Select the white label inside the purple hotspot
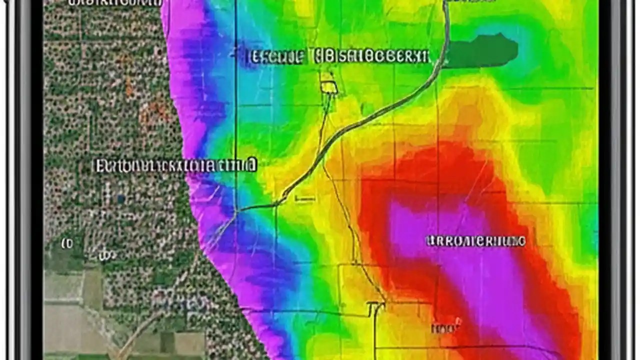[x=475, y=241]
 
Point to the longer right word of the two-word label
[x=370, y=56]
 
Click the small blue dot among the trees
[x=120, y=199]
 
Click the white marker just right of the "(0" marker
[x=104, y=256]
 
